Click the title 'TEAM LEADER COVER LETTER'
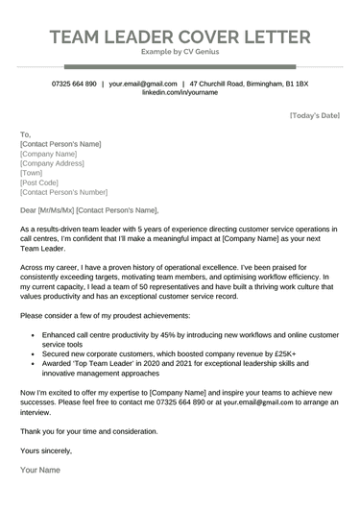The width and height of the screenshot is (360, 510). click(x=180, y=37)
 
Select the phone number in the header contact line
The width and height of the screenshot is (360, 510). click(x=74, y=85)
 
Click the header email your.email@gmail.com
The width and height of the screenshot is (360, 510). click(x=143, y=85)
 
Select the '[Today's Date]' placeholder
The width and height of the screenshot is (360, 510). click(x=314, y=116)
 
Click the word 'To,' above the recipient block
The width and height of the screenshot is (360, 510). click(x=25, y=134)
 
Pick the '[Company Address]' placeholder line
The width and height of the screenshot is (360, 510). click(x=56, y=163)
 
